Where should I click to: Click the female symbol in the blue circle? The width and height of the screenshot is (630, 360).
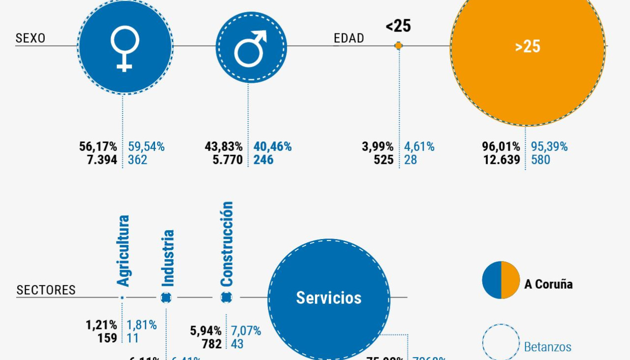point(125,49)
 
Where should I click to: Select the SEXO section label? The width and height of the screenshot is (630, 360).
point(31,38)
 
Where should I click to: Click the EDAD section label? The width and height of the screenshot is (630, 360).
point(348,38)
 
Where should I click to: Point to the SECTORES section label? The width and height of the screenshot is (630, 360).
point(46,290)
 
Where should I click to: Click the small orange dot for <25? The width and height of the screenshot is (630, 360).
point(399,46)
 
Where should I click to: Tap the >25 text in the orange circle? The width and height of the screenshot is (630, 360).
point(528,47)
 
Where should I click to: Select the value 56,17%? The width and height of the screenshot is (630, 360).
point(98,147)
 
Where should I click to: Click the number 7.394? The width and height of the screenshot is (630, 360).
point(102,160)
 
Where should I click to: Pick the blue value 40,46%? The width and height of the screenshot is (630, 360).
point(273,147)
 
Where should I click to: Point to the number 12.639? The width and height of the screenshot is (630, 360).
point(502,160)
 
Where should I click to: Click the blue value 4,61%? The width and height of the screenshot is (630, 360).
point(419,147)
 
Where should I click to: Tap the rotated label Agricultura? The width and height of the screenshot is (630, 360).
point(123,251)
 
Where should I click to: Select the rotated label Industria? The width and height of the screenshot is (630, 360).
point(168,258)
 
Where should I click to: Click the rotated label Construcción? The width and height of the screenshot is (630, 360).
point(226,244)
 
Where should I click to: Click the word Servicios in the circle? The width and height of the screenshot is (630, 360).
point(329,298)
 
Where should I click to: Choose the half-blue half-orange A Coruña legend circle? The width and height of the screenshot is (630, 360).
point(501,280)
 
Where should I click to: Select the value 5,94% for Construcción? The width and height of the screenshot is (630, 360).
point(206,331)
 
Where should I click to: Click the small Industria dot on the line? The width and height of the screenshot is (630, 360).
point(166,297)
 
